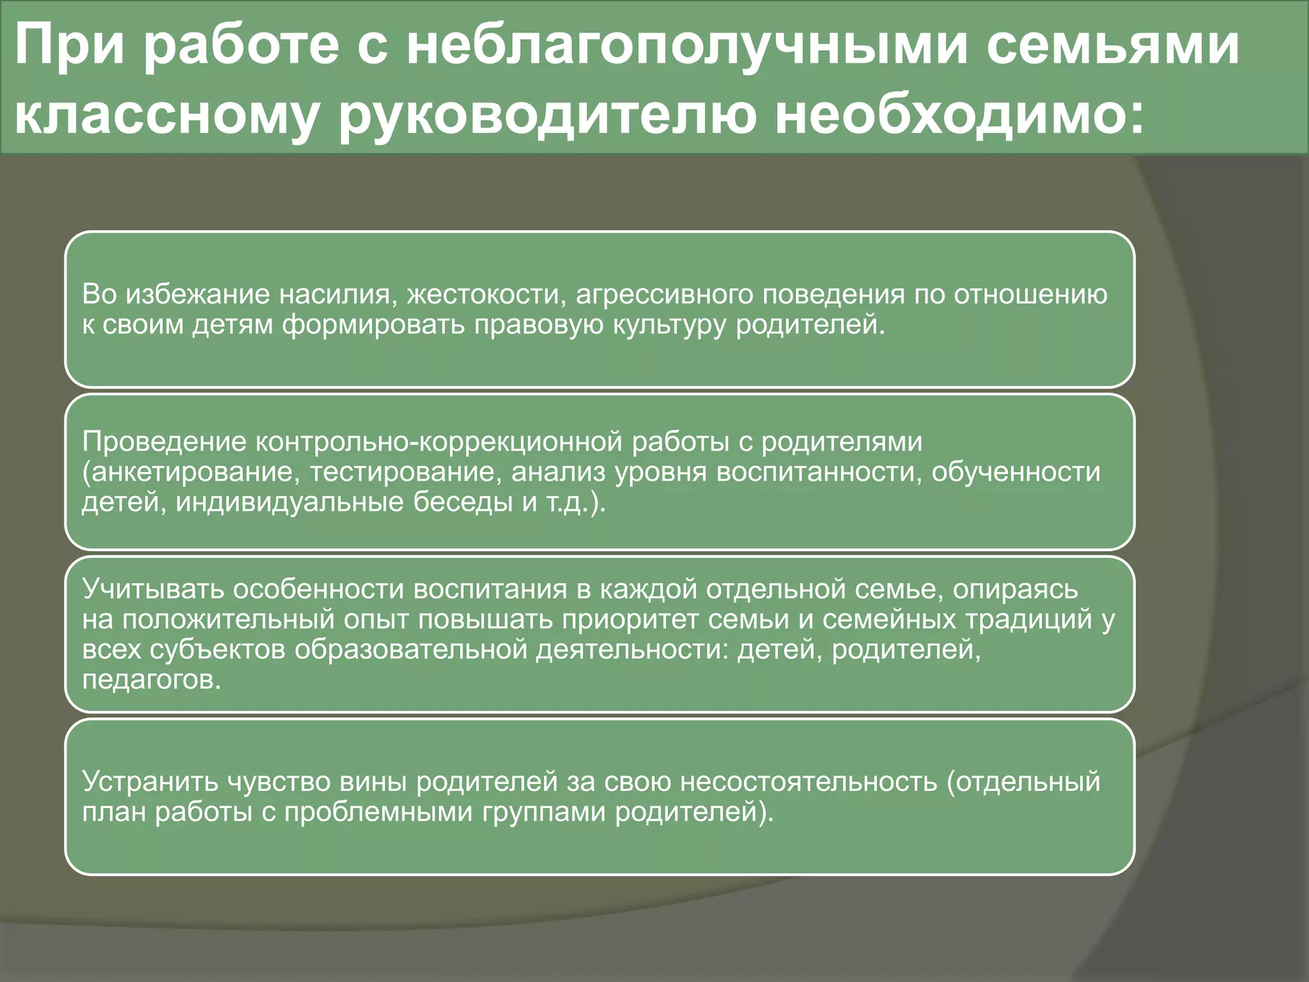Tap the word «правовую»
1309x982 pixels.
tap(539, 325)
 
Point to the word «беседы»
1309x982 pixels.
tap(462, 503)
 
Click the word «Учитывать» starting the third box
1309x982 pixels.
tap(153, 589)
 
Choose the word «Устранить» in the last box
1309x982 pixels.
tap(151, 782)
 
